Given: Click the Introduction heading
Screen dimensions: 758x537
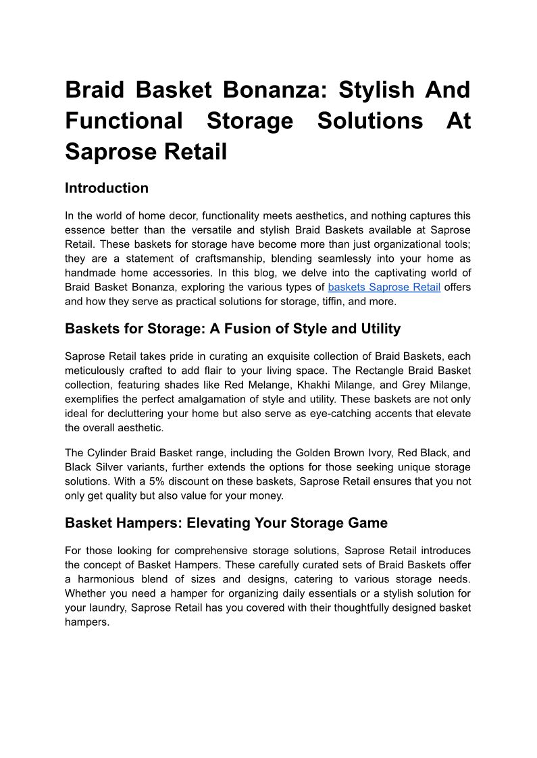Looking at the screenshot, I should pyautogui.click(x=107, y=188).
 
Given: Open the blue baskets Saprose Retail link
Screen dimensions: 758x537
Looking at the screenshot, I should pyautogui.click(x=384, y=288).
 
